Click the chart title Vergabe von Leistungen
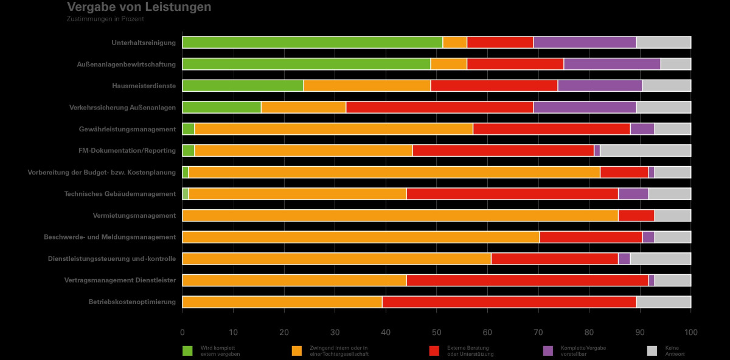point(139,7)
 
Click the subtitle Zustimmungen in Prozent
point(105,19)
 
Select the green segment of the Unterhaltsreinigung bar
point(312,43)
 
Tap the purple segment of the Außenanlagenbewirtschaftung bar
point(612,64)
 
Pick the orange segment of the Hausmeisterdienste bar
point(367,86)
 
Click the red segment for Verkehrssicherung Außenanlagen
point(439,108)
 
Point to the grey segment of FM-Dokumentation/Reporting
point(645,151)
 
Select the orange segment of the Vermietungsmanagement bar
point(400,215)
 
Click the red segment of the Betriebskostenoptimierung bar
point(509,302)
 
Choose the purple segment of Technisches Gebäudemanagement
point(633,194)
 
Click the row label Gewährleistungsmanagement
point(127,129)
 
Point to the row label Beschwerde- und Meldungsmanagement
point(109,237)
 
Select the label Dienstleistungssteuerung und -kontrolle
point(112,258)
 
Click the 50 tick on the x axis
point(436,332)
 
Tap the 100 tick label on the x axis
point(690,332)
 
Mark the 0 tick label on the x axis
point(182,332)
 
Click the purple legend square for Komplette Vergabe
point(548,351)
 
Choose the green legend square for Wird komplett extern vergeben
point(188,351)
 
